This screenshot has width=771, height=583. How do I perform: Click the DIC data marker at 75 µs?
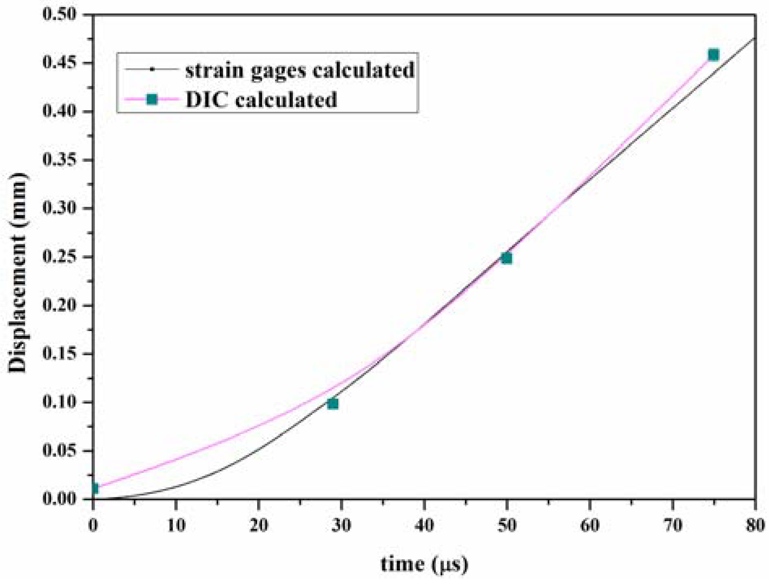point(713,55)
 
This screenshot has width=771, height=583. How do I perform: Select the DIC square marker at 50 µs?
point(507,258)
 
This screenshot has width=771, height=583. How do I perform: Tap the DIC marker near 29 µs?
point(333,404)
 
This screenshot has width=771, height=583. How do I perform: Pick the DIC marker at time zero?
point(94,489)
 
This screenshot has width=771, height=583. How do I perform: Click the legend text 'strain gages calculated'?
point(300,70)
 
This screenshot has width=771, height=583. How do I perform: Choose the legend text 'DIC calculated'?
point(261,99)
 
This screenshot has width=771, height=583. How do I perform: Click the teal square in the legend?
point(152,99)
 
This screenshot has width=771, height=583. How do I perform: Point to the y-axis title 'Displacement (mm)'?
point(17,273)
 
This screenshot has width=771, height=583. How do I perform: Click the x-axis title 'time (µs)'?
point(424,564)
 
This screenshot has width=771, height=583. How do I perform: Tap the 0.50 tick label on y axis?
point(59,15)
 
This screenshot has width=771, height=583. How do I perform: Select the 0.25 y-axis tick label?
point(59,257)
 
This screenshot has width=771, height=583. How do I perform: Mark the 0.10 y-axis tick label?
point(59,402)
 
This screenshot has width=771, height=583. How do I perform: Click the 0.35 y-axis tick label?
point(59,160)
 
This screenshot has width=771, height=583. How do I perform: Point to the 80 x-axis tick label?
point(755,525)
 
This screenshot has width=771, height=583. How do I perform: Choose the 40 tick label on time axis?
point(424,525)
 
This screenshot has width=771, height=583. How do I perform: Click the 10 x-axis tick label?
point(176,525)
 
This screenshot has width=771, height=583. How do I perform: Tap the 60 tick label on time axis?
point(590,525)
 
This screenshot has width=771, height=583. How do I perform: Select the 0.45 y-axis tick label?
point(59,63)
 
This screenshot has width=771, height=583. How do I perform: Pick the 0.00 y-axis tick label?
point(59,499)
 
